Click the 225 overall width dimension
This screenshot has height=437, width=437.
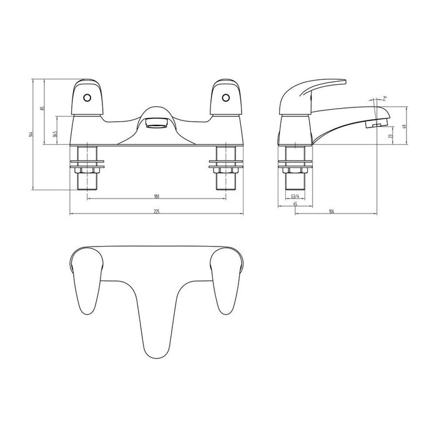point(156,212)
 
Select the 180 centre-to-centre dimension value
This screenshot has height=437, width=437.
point(156,196)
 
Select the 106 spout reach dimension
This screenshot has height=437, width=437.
point(332,212)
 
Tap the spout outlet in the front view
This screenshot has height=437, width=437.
point(156,123)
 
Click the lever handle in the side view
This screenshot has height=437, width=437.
point(312,91)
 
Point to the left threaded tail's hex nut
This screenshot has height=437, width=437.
point(88,167)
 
